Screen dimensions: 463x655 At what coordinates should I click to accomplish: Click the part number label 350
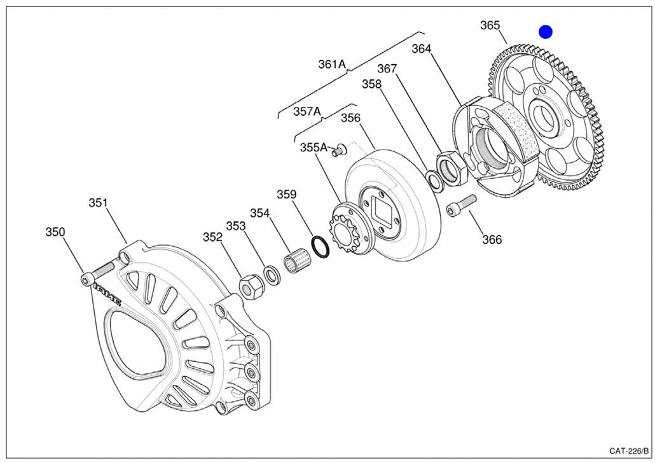(55, 232)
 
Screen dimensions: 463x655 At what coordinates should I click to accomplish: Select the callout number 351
(98, 204)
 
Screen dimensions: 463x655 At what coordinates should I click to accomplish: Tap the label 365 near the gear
(490, 25)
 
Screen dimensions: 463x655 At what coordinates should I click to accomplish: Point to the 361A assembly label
(332, 64)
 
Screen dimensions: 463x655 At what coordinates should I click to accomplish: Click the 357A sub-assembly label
(307, 111)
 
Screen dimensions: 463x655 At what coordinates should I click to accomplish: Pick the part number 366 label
(492, 240)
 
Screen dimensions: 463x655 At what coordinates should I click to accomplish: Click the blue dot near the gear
(546, 32)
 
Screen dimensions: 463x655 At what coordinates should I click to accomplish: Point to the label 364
(421, 49)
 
